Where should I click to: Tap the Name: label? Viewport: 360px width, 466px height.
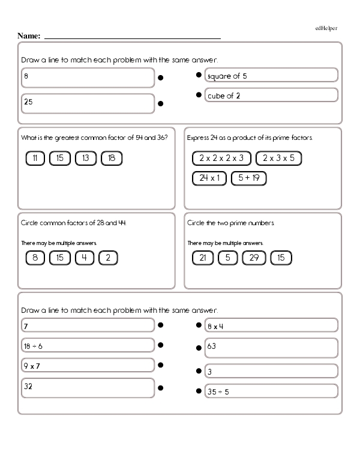pyautogui.click(x=29, y=36)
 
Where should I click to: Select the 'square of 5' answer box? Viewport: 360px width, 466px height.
pyautogui.click(x=271, y=76)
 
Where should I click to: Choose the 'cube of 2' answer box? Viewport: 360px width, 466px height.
pyautogui.click(x=271, y=95)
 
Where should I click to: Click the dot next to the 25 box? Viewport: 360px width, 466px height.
pyautogui.click(x=161, y=103)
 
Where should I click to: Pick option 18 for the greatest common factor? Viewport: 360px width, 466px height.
pyautogui.click(x=112, y=159)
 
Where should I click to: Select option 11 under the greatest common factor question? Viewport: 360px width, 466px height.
pyautogui.click(x=36, y=159)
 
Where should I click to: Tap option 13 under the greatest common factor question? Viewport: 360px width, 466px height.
pyautogui.click(x=86, y=159)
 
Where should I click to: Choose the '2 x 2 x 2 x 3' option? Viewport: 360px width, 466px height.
pyautogui.click(x=221, y=159)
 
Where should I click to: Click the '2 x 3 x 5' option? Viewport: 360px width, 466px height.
pyautogui.click(x=278, y=159)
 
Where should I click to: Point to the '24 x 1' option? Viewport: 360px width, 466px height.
pyautogui.click(x=209, y=178)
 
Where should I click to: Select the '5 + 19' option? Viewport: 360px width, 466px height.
pyautogui.click(x=248, y=178)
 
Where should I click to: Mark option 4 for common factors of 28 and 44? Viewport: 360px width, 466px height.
pyautogui.click(x=86, y=258)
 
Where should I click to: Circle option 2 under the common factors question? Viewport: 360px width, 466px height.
pyautogui.click(x=108, y=258)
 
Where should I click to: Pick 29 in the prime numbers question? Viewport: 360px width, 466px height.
pyautogui.click(x=253, y=258)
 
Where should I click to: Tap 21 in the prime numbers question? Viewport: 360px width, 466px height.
pyautogui.click(x=203, y=258)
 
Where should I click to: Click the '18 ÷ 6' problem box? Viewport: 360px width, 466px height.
pyautogui.click(x=88, y=346)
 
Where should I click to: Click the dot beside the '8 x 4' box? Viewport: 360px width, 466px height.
pyautogui.click(x=198, y=325)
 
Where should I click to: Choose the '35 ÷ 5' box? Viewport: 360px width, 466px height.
pyautogui.click(x=271, y=392)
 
